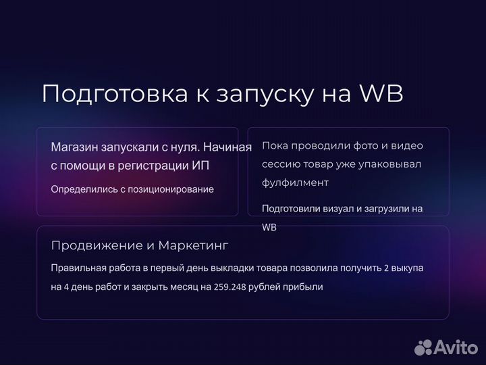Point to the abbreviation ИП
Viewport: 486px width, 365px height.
pos(209,166)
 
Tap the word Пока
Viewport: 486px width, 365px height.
pos(275,145)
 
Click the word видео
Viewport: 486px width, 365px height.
pos(408,145)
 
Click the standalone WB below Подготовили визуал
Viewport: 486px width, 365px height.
pos(269,228)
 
